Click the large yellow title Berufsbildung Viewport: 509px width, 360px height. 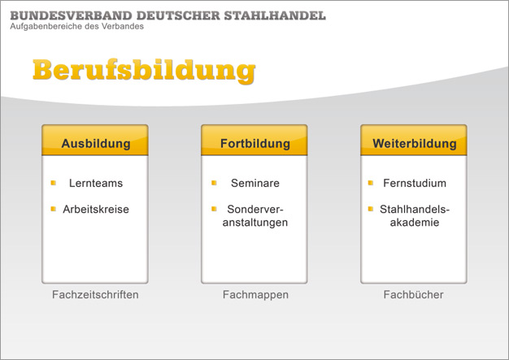point(144,71)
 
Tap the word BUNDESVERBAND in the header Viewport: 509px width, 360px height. point(71,15)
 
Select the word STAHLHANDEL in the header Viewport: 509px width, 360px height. point(275,15)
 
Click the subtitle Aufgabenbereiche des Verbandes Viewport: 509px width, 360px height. point(77,26)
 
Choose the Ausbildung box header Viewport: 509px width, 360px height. point(95,140)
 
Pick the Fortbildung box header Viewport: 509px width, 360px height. point(254,140)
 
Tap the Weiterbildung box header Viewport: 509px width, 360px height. point(414,140)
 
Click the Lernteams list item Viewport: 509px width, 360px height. point(96,183)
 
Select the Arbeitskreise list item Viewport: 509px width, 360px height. point(96,209)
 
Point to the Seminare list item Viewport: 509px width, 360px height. point(255,183)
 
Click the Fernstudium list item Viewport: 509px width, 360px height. point(415,183)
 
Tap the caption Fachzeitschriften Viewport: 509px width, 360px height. point(95,294)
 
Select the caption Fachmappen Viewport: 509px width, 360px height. point(255,295)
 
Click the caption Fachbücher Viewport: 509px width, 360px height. point(414,294)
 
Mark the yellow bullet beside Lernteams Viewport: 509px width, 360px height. point(54,183)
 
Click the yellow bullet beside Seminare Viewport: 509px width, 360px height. point(214,183)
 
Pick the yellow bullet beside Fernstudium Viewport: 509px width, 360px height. point(371,183)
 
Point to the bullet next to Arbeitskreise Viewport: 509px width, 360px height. point(54,209)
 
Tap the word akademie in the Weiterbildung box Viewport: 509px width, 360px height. point(415,223)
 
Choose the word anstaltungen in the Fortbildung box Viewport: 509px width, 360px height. point(255,223)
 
